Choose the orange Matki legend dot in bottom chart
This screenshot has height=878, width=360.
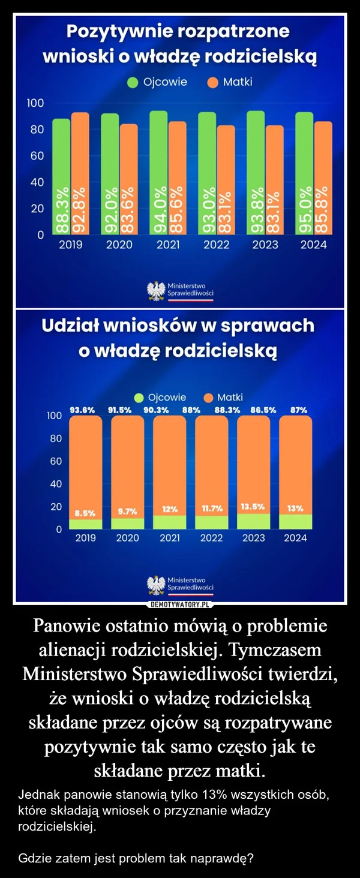coord(209,398)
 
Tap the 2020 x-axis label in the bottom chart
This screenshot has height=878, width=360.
coord(127,538)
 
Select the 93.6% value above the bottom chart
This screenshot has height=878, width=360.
coord(83,410)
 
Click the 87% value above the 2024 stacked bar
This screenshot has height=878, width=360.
coord(299,410)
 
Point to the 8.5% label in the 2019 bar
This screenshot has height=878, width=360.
coord(85,513)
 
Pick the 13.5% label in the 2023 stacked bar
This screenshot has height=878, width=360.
coord(253,507)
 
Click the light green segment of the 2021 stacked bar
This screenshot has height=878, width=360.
coord(170,522)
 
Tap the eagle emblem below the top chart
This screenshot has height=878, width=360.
coord(157,291)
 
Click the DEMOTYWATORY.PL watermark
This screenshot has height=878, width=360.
coord(180,603)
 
